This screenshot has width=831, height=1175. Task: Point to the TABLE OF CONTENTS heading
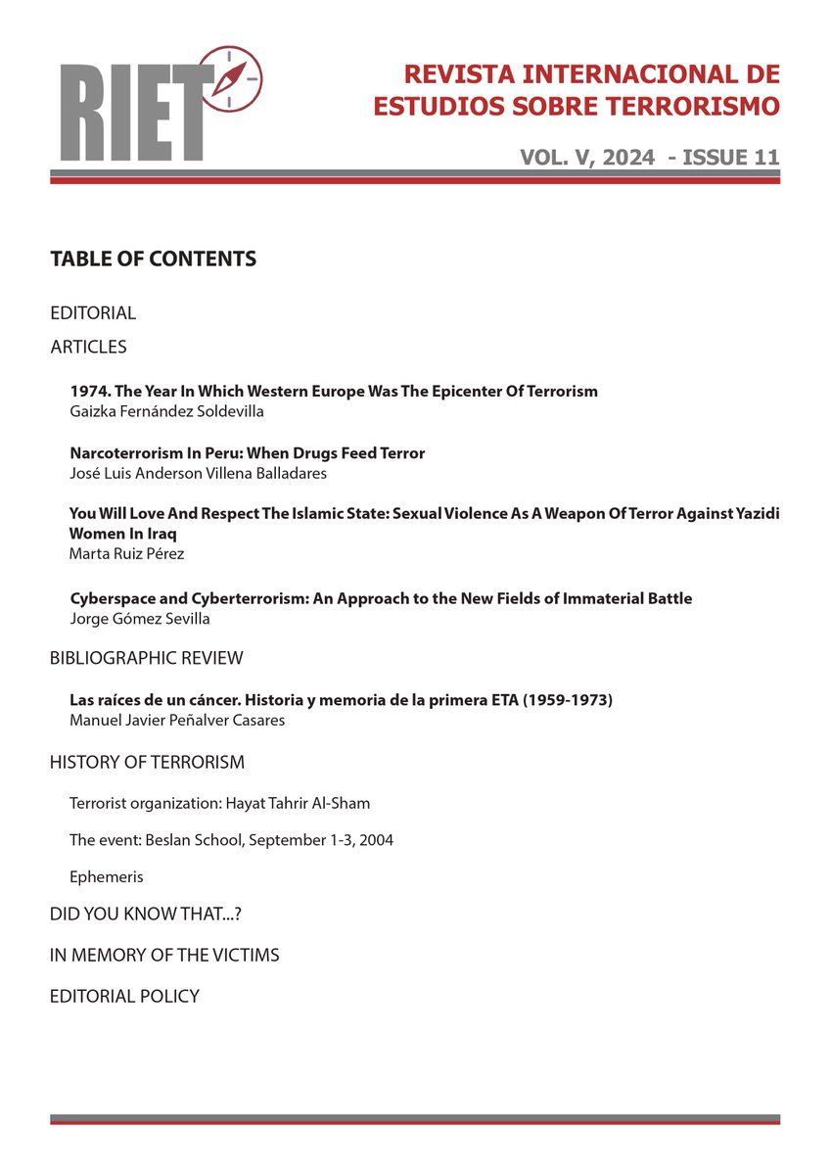[153, 259]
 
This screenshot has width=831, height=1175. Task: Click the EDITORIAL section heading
[93, 313]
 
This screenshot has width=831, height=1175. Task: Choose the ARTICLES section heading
[88, 347]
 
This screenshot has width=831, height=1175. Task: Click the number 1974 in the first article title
[88, 392]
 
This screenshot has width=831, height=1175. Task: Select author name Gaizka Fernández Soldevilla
[166, 411]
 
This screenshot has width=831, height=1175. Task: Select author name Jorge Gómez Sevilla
[141, 618]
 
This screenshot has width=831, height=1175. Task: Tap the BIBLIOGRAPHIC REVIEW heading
[146, 658]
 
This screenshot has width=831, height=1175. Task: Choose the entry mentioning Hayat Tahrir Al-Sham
[219, 804]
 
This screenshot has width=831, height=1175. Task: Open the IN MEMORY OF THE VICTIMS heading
[164, 955]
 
